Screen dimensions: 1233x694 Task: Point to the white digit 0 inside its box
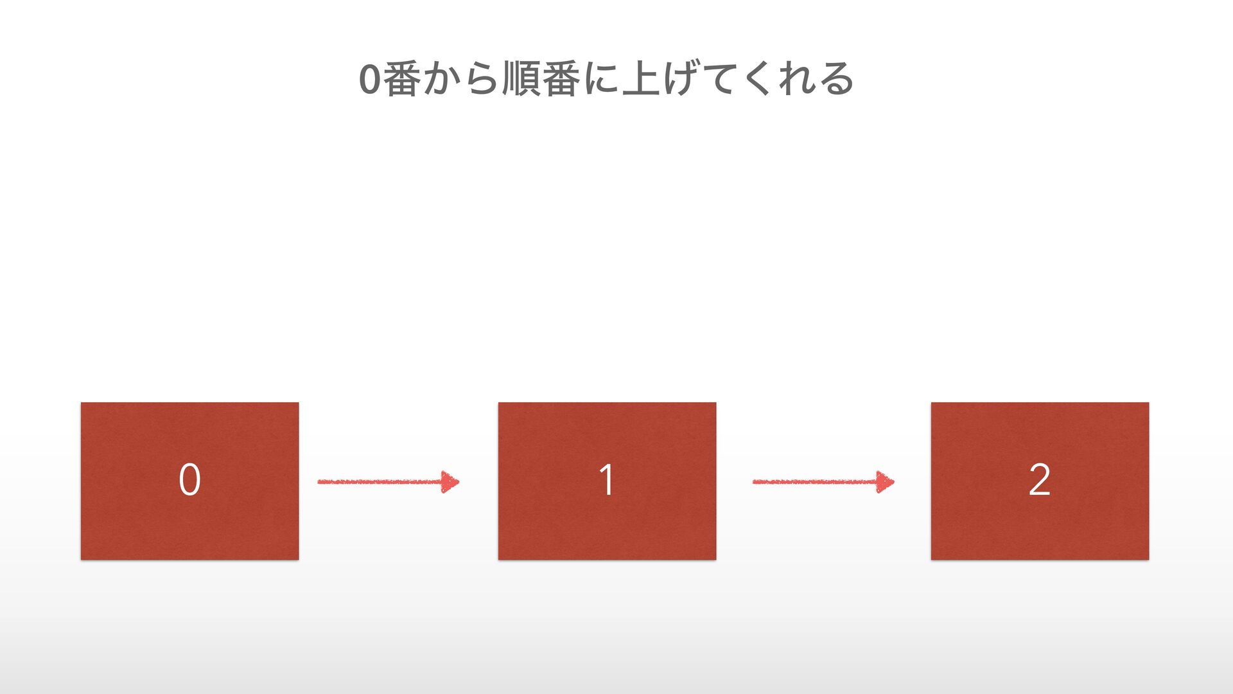[189, 480]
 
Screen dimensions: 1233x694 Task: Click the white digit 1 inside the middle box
[606, 480]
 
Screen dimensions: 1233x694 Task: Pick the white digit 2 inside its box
[1039, 480]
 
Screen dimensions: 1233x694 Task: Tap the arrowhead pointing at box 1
[450, 481]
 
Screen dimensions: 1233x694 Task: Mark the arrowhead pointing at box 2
[886, 481]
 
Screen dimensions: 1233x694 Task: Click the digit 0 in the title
[370, 80]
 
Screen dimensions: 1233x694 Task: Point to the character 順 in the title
[521, 79]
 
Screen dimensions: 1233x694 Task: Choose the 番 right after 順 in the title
[561, 79]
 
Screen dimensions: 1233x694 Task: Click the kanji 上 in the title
[641, 79]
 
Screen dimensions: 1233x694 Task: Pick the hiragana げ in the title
[681, 79]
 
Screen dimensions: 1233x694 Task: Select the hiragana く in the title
[758, 79]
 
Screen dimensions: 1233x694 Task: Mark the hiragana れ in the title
[797, 79]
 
